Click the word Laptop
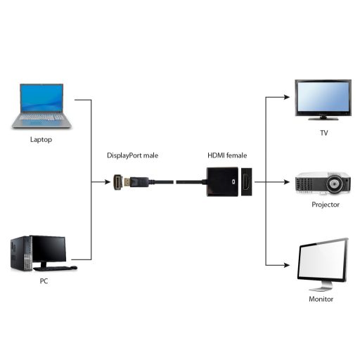[41, 139]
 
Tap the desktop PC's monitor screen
[49, 250]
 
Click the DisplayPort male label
[132, 155]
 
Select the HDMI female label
[227, 155]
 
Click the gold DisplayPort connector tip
[122, 182]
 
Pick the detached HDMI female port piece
[247, 182]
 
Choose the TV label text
[323, 133]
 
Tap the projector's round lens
[337, 186]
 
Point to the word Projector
[326, 205]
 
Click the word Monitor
[322, 300]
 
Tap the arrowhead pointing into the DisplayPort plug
[104, 182]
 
